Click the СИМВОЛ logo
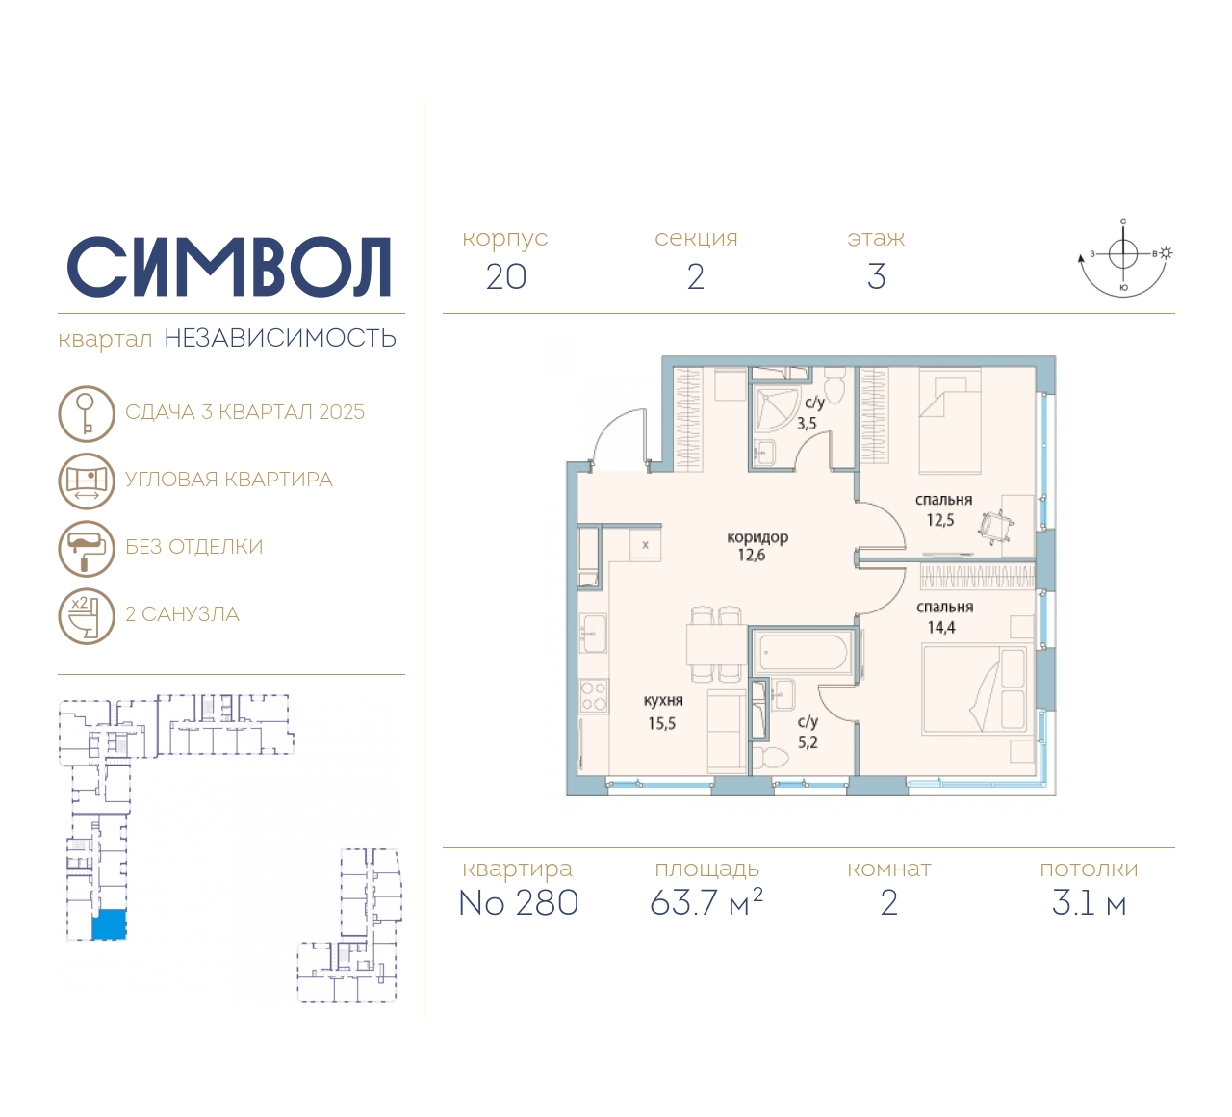pos(229,267)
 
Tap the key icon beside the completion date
pos(87,413)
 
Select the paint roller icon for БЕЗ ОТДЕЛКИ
pos(87,548)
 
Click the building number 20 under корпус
pos(505,277)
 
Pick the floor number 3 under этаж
pos(876,277)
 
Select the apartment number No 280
pos(519,903)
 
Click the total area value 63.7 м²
pos(706,903)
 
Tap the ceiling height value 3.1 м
pos(1089,903)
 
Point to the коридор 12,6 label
pos(757,546)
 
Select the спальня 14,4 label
pos(943,617)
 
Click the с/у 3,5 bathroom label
pos(810,413)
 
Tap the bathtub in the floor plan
pos(802,653)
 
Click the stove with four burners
pos(593,696)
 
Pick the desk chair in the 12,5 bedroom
pos(995,526)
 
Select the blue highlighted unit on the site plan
pos(109,924)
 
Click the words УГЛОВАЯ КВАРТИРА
pos(229,480)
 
